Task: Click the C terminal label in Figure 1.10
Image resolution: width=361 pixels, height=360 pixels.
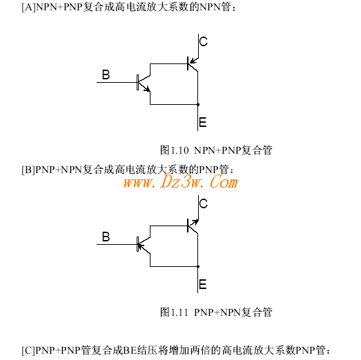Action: [204, 41]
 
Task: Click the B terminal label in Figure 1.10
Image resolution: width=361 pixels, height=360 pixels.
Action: [106, 74]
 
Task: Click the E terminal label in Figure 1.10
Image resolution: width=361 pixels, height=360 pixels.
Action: [203, 122]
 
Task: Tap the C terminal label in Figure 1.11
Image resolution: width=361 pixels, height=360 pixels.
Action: [204, 203]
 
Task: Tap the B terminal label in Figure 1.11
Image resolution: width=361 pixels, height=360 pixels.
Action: [106, 237]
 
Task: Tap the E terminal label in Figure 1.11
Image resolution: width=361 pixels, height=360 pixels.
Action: [203, 284]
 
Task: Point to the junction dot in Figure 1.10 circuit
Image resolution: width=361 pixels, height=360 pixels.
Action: [198, 104]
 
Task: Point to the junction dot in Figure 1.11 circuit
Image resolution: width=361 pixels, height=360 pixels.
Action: [198, 266]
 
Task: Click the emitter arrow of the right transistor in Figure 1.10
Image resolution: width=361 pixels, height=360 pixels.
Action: [194, 61]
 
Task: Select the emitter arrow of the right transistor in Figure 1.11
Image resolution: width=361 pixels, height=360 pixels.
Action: [194, 223]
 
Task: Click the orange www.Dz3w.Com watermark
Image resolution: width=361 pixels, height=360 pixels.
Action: [181, 182]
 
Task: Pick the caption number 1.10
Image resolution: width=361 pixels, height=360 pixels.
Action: [179, 150]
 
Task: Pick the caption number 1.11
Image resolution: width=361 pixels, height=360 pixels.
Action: [179, 312]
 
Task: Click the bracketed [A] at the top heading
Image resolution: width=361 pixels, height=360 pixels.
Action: [28, 7]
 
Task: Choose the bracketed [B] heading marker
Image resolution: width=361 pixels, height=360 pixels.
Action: [28, 170]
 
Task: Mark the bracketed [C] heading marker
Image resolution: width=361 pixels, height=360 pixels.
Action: [28, 350]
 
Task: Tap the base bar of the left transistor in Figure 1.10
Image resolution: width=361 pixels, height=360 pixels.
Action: [137, 82]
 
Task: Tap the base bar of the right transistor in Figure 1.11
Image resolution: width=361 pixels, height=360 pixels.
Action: [188, 226]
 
